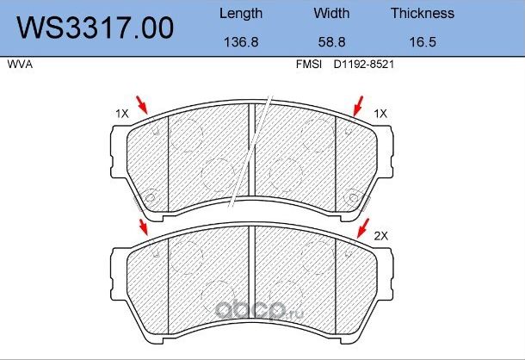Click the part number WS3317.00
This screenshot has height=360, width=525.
(x=96, y=28)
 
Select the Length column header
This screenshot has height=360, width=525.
(x=241, y=14)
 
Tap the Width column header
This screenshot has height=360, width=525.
(x=331, y=14)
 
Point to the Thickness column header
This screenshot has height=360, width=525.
(x=423, y=14)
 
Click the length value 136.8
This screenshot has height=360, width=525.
(x=241, y=42)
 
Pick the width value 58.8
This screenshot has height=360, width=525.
(x=331, y=42)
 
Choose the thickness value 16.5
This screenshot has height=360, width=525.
(x=423, y=42)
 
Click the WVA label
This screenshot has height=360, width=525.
(x=20, y=65)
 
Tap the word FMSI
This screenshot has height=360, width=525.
(x=309, y=65)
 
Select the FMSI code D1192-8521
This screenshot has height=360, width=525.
(x=363, y=65)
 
